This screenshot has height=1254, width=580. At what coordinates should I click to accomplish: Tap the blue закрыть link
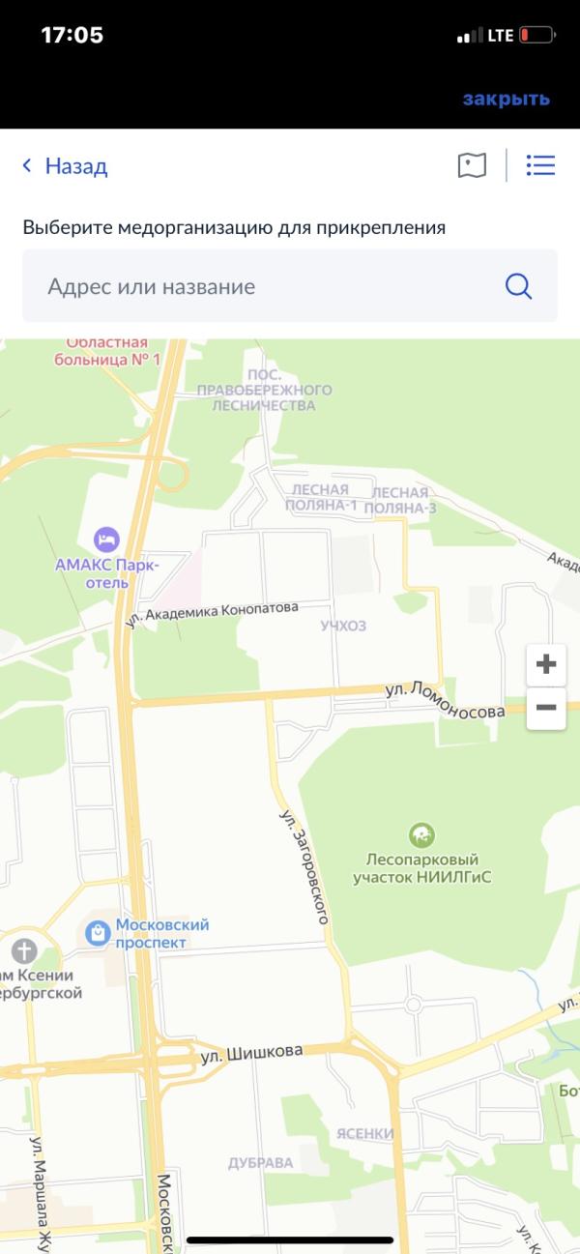[x=506, y=99]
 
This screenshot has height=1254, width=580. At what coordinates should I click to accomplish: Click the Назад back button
[x=65, y=166]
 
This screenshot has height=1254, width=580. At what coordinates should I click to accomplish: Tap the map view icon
[x=472, y=165]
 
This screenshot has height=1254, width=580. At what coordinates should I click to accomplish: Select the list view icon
[x=540, y=165]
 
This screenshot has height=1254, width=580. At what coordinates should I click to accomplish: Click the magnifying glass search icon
[x=519, y=286]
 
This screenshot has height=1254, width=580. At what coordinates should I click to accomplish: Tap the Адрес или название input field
[x=261, y=286]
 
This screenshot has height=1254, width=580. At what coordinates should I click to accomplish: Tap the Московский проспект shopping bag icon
[x=97, y=932]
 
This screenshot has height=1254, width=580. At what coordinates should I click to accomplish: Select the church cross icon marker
[x=24, y=950]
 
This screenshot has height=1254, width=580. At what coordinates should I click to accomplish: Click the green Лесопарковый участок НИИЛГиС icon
[x=421, y=834]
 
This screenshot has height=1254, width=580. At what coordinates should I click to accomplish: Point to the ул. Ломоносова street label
[x=445, y=700]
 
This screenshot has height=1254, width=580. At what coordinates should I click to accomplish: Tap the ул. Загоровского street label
[x=304, y=866]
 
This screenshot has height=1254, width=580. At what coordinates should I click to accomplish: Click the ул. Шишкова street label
[x=251, y=1053]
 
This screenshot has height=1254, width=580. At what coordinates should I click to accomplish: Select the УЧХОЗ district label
[x=344, y=627]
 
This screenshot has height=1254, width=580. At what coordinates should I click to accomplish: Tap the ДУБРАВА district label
[x=260, y=1163]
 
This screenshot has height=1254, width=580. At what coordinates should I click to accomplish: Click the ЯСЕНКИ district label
[x=365, y=1133]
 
